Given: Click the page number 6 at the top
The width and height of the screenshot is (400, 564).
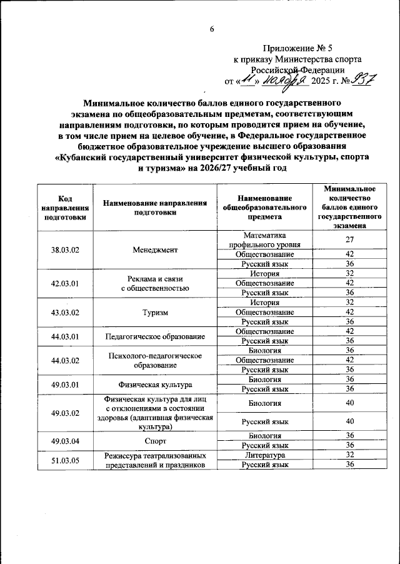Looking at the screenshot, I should [x=212, y=29].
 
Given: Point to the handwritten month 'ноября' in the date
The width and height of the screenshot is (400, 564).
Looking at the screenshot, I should [x=284, y=81].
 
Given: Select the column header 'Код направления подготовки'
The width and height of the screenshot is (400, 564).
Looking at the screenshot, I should [x=63, y=207].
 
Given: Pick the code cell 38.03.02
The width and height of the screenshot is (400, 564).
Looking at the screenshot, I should [x=63, y=249].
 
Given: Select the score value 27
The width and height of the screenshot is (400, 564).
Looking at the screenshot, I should [x=350, y=239].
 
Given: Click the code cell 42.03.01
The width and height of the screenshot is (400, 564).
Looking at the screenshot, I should [x=63, y=283].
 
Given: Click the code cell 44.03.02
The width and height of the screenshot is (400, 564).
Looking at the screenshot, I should [x=63, y=360].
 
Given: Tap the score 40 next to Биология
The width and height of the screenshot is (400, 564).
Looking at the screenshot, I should [x=350, y=403].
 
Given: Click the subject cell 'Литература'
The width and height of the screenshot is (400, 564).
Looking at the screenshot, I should [x=265, y=455].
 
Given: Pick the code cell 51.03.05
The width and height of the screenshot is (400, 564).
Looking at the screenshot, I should [x=63, y=460].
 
